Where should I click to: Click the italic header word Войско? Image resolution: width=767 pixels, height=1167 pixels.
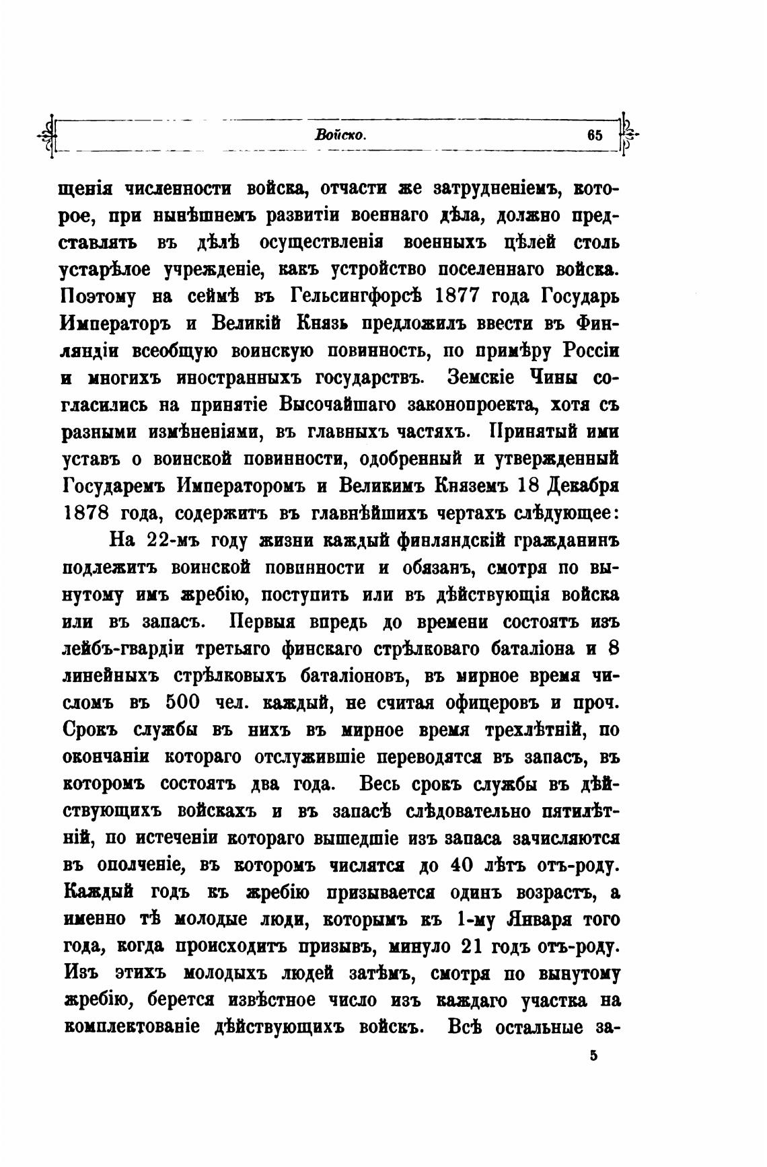(x=340, y=135)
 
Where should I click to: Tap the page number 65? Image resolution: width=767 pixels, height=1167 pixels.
(x=594, y=135)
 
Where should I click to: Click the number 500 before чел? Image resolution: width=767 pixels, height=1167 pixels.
(x=181, y=702)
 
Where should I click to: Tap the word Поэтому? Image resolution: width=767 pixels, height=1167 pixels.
(x=98, y=296)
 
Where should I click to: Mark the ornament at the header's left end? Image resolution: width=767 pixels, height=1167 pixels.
(x=48, y=135)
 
